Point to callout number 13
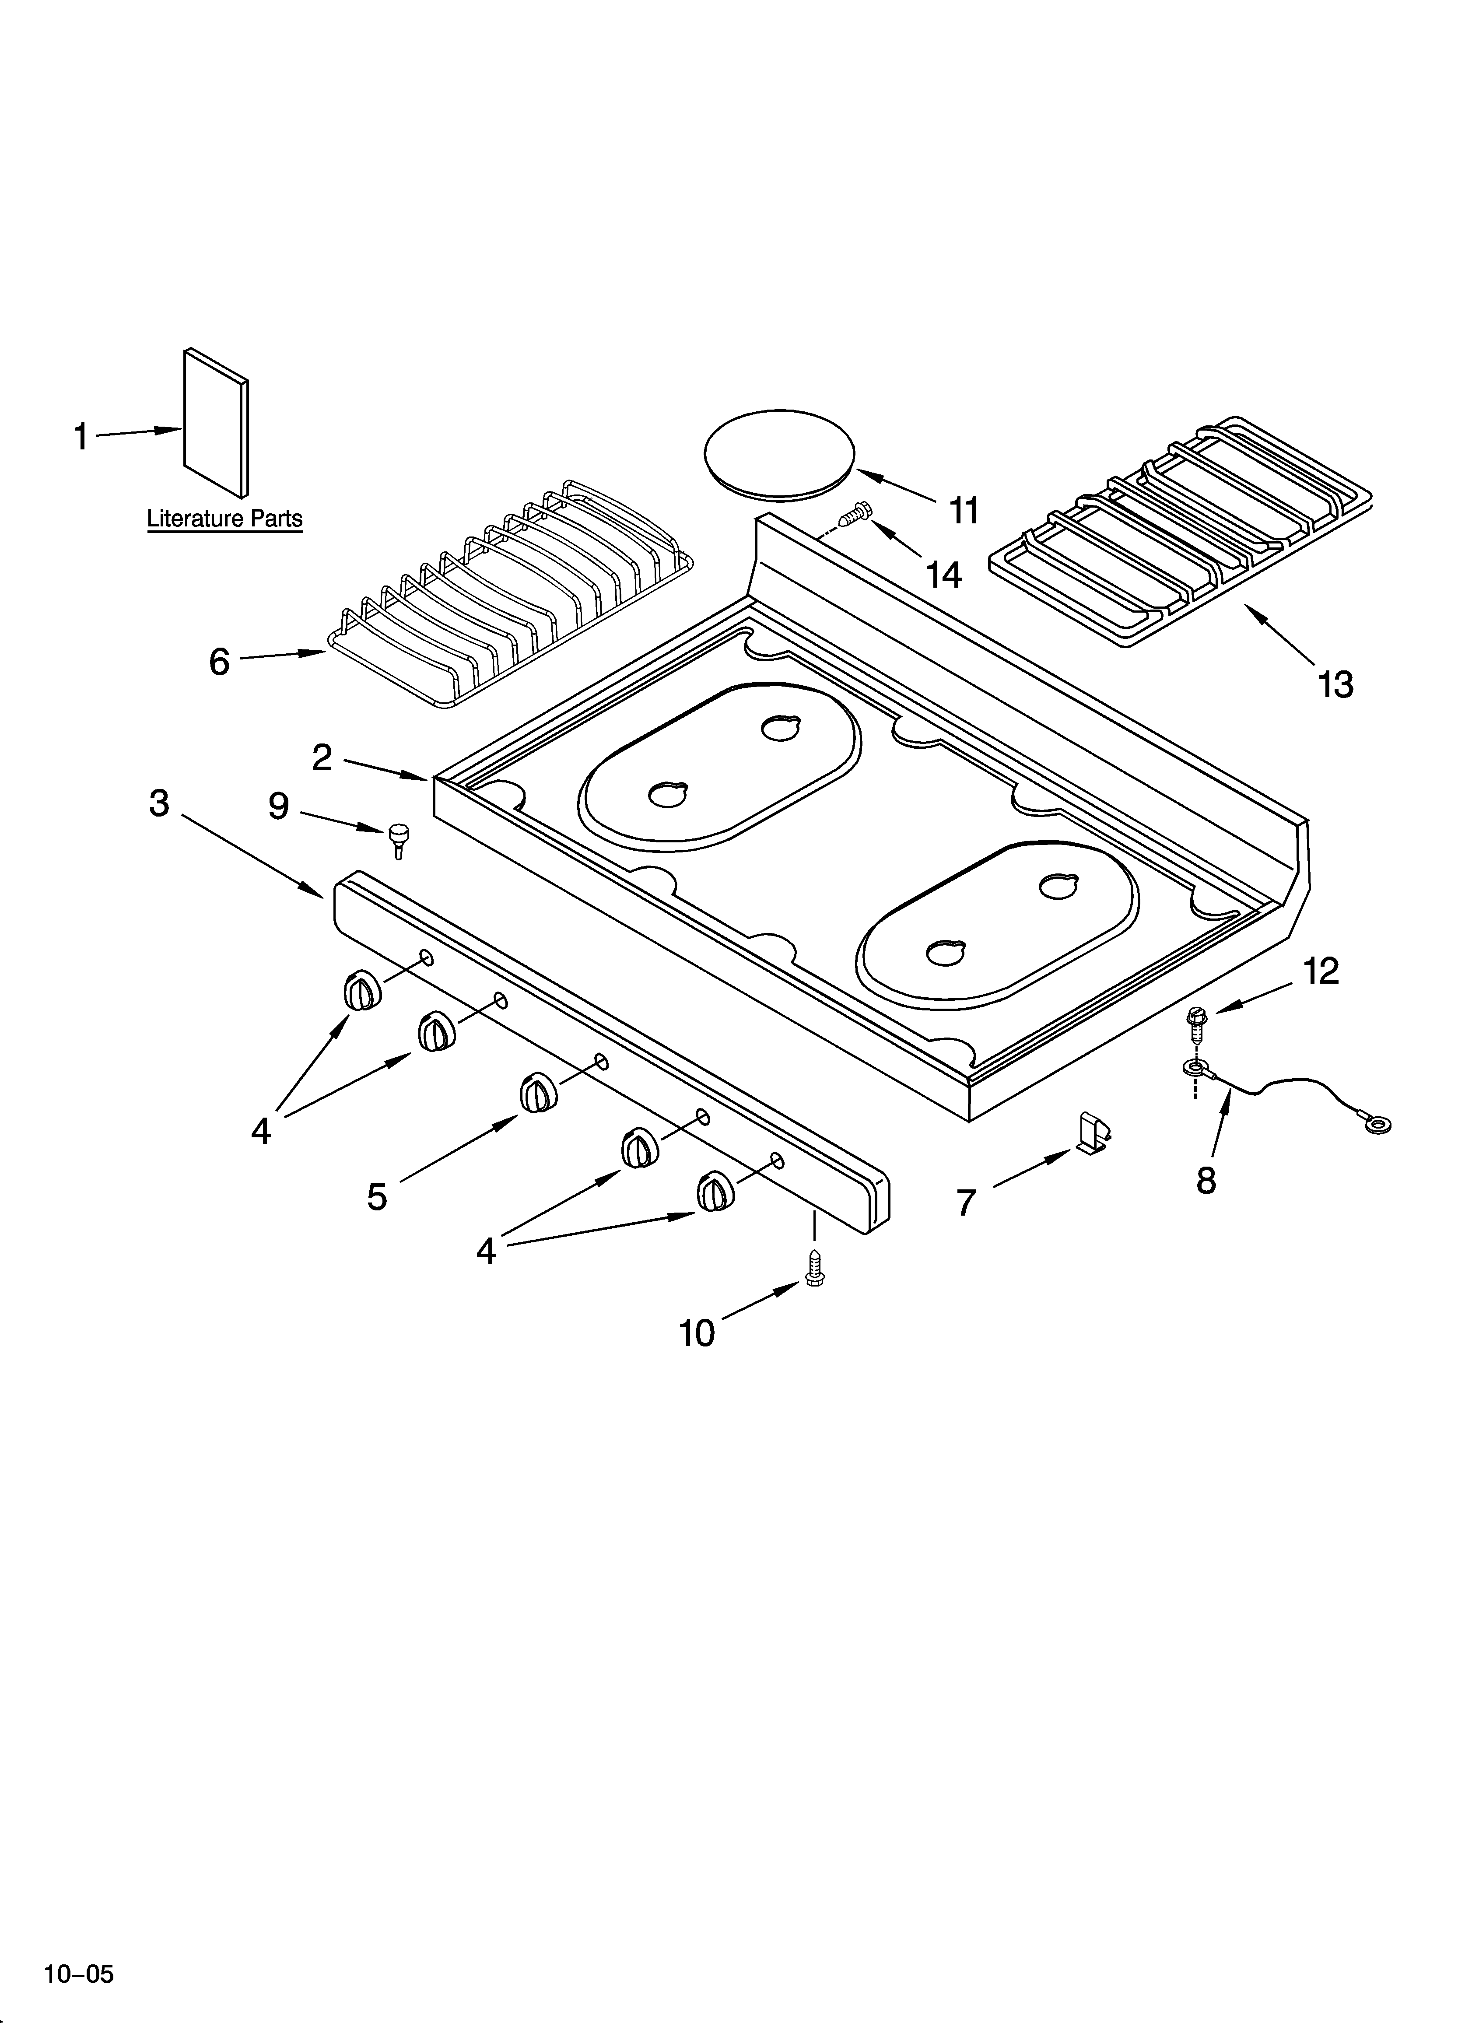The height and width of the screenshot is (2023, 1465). coord(1335,684)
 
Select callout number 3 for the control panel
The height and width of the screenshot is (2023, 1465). coord(159,803)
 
